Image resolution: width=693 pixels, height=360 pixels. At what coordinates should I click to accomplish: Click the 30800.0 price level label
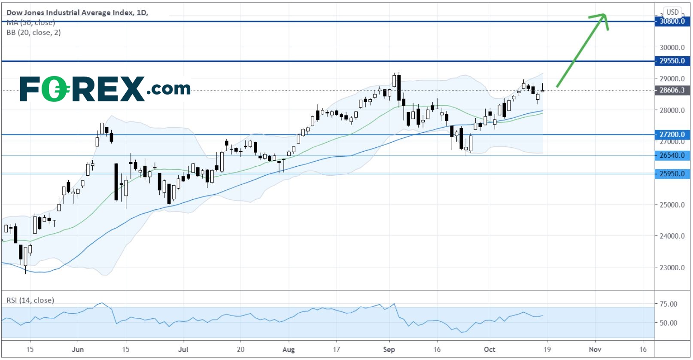coord(672,21)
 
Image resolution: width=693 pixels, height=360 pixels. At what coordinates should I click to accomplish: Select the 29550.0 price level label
coord(672,61)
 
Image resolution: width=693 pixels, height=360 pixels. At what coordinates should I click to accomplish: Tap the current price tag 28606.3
coord(672,90)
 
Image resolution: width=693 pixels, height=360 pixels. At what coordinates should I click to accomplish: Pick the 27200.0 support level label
coord(672,134)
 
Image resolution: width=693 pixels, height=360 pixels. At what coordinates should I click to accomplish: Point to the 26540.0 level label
coord(672,156)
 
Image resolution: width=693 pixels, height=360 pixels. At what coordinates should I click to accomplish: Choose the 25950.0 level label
coord(672,174)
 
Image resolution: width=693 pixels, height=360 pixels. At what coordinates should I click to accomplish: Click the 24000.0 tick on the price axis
coord(672,236)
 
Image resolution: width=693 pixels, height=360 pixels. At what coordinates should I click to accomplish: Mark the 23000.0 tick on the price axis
coord(672,268)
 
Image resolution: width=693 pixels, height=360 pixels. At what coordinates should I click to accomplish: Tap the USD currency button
coord(672,12)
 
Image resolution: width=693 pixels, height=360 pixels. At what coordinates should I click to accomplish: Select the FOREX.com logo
coord(105,89)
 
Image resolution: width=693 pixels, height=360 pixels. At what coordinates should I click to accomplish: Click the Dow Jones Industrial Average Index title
coord(77,12)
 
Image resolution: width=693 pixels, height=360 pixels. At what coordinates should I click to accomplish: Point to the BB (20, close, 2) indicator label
coord(33,33)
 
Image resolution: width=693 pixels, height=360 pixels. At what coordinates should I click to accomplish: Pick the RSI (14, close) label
coord(30,300)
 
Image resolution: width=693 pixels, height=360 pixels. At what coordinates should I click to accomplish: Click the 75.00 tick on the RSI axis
coord(668,304)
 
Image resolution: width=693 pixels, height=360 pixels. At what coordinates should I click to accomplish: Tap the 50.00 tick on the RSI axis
coord(668,323)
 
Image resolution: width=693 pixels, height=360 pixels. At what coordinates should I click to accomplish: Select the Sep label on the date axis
coord(389,349)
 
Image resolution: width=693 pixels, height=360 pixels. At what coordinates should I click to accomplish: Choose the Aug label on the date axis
coord(289,349)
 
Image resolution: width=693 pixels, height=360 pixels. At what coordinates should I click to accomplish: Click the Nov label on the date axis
coord(595,349)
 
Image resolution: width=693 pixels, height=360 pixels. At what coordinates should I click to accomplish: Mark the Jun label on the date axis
coord(78,349)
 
